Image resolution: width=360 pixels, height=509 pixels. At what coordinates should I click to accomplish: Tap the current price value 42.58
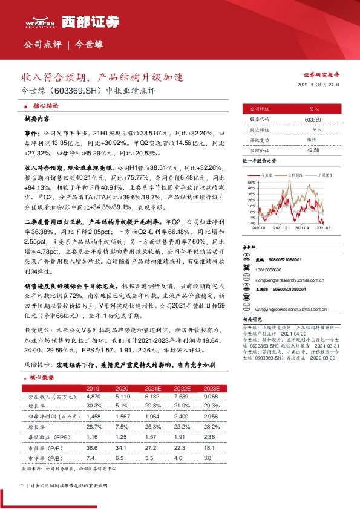[x=313, y=149]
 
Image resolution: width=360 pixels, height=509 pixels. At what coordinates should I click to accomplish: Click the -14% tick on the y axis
[x=252, y=224]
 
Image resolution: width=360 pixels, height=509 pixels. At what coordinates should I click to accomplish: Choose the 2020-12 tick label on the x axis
[x=280, y=228]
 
